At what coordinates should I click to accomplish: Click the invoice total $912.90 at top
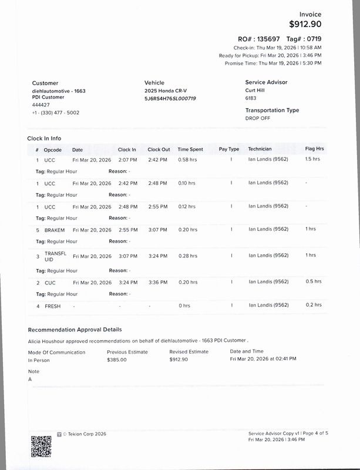(x=305, y=24)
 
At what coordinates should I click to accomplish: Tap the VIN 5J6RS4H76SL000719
(x=170, y=99)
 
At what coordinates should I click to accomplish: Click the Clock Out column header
(x=159, y=149)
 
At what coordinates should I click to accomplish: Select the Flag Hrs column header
(x=314, y=149)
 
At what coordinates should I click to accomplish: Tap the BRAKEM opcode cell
(x=55, y=229)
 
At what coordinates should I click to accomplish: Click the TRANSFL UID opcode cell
(x=55, y=256)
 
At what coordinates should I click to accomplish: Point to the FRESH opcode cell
(x=53, y=305)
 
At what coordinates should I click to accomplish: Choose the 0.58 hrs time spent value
(x=187, y=159)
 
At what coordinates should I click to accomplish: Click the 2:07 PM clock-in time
(x=127, y=159)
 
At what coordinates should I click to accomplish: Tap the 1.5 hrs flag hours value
(x=312, y=159)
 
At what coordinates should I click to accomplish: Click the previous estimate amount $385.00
(x=116, y=360)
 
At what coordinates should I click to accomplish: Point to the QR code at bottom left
(x=41, y=446)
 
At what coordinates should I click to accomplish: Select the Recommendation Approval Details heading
(x=75, y=330)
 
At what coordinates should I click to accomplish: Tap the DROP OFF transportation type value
(x=258, y=118)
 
